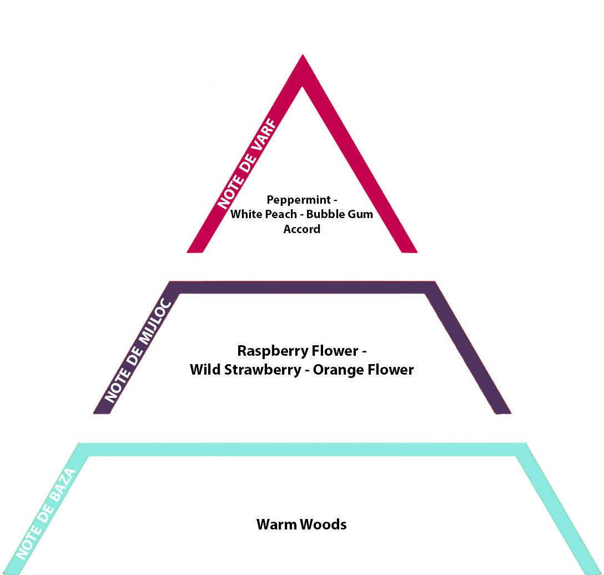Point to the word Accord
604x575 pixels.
click(x=302, y=229)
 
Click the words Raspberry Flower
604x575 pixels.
click(x=298, y=351)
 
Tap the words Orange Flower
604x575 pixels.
click(x=364, y=370)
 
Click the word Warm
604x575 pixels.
click(x=275, y=524)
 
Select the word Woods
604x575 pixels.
click(x=324, y=524)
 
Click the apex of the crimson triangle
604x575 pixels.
click(x=303, y=61)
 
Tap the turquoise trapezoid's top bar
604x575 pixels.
click(x=303, y=450)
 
